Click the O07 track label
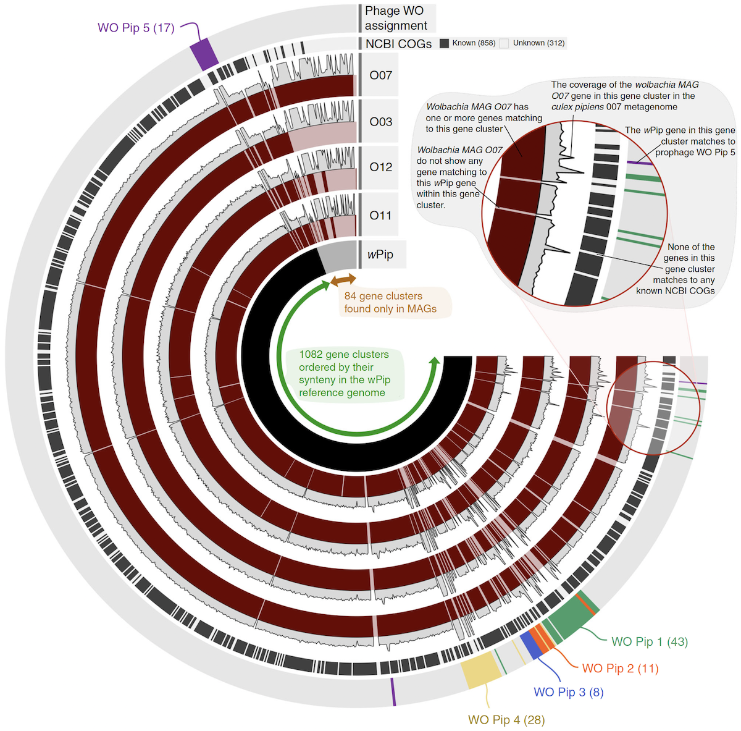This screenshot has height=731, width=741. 380,75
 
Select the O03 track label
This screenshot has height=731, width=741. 380,122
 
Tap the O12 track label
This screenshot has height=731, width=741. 380,167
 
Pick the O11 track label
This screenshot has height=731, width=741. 380,215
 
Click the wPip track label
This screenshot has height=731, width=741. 380,255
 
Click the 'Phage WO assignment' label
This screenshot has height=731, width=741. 395,19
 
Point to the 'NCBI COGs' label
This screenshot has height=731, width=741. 398,44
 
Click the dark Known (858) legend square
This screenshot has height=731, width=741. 444,43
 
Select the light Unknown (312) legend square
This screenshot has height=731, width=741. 504,43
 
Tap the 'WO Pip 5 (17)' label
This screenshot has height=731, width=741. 136,28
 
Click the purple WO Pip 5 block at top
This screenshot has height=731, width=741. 204,54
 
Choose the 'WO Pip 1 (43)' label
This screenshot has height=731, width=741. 650,642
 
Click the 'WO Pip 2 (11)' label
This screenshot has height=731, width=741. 620,669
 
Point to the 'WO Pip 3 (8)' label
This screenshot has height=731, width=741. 568,692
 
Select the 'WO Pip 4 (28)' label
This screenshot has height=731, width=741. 506,720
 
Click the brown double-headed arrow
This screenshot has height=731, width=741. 343,281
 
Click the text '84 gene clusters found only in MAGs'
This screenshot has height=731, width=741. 391,303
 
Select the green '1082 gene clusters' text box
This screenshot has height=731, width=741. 344,373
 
